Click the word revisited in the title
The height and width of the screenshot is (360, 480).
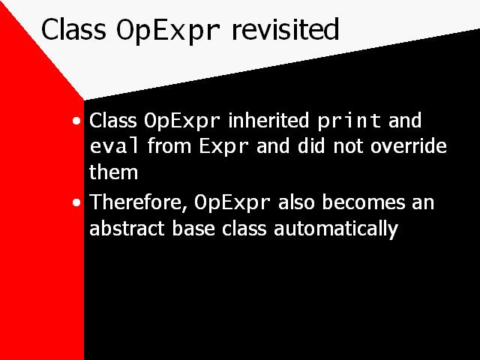click(285, 28)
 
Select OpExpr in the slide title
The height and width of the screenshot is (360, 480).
click(168, 31)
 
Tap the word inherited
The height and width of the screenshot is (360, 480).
click(268, 120)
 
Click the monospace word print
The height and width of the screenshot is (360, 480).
click(349, 121)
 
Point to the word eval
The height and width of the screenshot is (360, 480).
click(114, 145)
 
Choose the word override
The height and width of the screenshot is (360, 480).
click(408, 145)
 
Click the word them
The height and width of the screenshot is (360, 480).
click(113, 172)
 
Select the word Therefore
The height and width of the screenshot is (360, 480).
click(139, 202)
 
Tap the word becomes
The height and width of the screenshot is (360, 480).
click(363, 202)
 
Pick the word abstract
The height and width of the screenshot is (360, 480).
click(127, 228)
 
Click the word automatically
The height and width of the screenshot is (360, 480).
click(336, 229)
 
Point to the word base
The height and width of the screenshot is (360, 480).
click(193, 228)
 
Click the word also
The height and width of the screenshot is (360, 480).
click(296, 202)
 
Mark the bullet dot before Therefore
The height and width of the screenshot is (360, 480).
click(76, 202)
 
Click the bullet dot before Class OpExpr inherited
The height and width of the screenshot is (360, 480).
click(76, 121)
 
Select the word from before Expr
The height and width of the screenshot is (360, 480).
click(169, 145)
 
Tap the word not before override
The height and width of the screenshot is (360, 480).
click(348, 146)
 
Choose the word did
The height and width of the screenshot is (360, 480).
click(311, 145)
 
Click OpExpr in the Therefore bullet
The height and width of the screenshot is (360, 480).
click(232, 203)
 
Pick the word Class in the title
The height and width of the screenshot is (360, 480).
click(73, 28)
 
